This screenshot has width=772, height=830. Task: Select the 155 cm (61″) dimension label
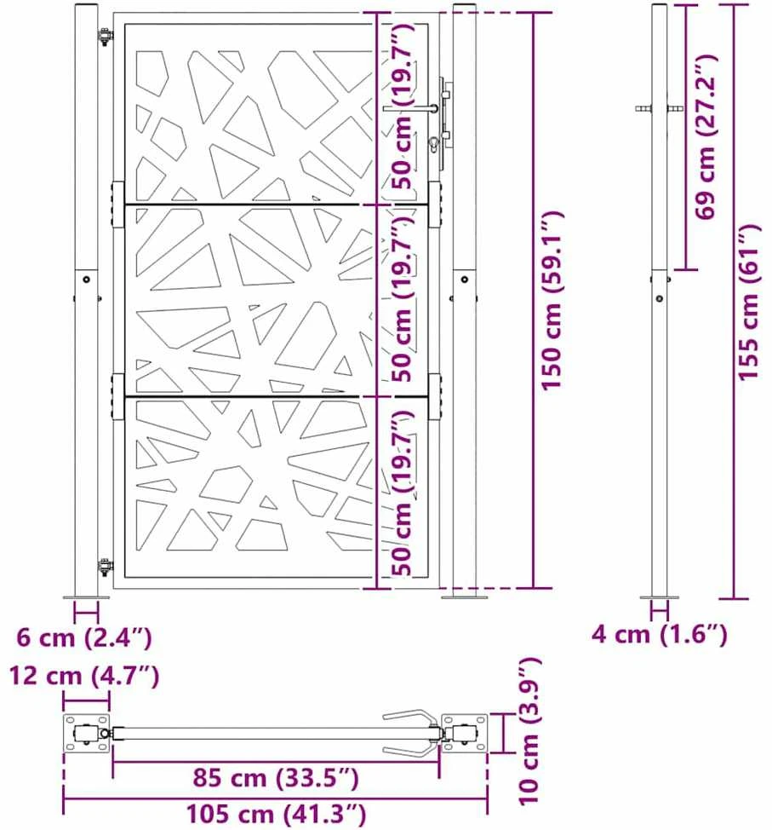click(749, 302)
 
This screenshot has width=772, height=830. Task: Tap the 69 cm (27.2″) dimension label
click(706, 136)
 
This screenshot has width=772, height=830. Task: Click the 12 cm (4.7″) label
click(84, 676)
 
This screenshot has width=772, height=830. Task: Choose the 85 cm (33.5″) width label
click(276, 778)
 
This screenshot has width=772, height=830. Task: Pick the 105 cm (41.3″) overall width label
click(276, 814)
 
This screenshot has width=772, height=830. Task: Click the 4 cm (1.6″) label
click(660, 634)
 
